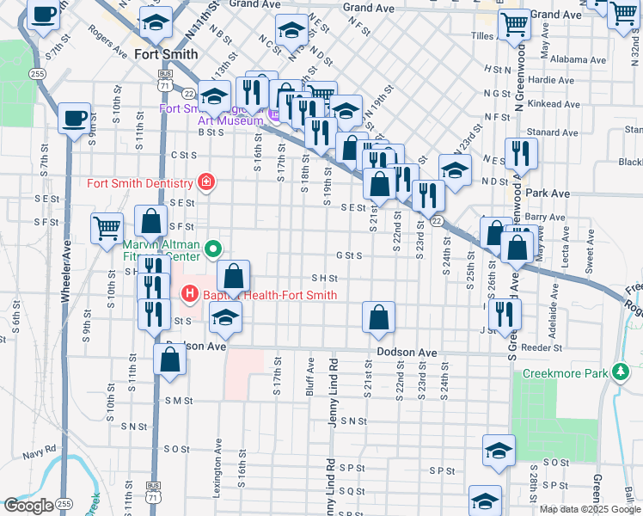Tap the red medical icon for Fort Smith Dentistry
(205, 182)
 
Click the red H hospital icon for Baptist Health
(190, 295)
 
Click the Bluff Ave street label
(309, 378)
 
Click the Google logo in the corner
(28, 506)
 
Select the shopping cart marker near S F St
(107, 228)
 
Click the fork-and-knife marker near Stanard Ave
(521, 153)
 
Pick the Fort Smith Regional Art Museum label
(211, 115)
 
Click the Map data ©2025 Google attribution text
(589, 509)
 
